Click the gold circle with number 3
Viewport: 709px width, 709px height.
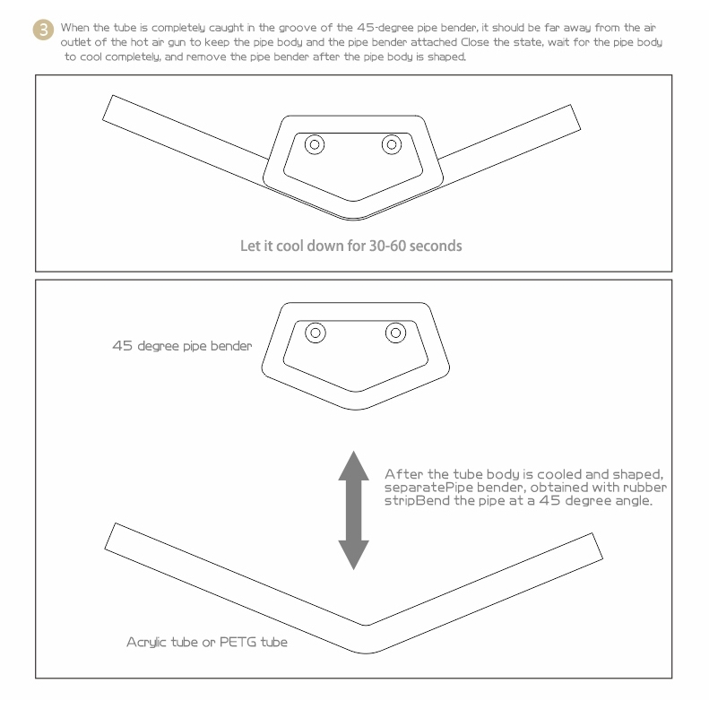43,30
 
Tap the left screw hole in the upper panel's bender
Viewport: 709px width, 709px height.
315,144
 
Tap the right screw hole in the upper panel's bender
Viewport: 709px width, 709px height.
392,144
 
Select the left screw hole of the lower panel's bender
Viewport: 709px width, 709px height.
316,333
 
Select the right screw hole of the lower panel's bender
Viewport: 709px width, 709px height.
395,333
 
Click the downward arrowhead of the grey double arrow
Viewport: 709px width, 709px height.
353,555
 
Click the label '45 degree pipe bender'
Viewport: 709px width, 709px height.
182,346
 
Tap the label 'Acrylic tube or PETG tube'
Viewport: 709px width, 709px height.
207,642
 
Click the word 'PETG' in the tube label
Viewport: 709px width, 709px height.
238,642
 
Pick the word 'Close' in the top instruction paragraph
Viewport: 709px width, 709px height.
475,42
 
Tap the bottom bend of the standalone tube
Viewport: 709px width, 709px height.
366,639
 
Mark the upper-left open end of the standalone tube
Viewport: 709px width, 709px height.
110,536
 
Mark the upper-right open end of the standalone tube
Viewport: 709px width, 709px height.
597,546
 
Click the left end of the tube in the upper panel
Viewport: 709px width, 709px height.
108,108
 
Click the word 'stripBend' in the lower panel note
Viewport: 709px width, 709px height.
414,501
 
